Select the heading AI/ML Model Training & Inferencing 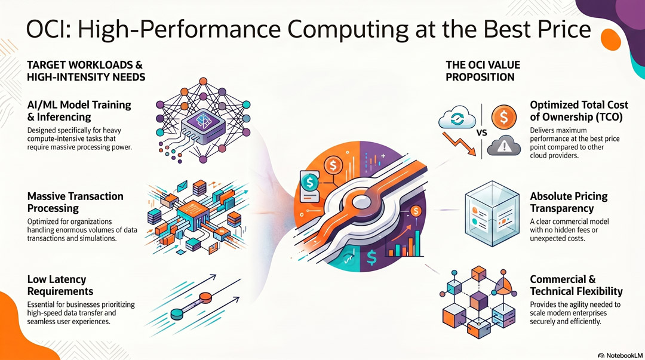pos(79,111)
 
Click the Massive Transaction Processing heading pos(75,202)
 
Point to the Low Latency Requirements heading pos(60,285)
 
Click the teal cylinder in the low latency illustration pos(177,314)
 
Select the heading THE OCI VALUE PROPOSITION pos(483,71)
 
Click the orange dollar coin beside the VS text pos(504,117)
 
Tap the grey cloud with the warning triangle pos(504,146)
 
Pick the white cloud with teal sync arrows pos(457,118)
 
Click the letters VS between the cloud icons pos(482,133)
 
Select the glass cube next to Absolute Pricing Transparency pos(492,214)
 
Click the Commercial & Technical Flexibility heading pos(576,285)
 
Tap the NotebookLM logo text pos(624,355)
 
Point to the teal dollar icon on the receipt pos(310,181)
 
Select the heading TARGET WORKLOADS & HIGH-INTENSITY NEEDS pos(86,71)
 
